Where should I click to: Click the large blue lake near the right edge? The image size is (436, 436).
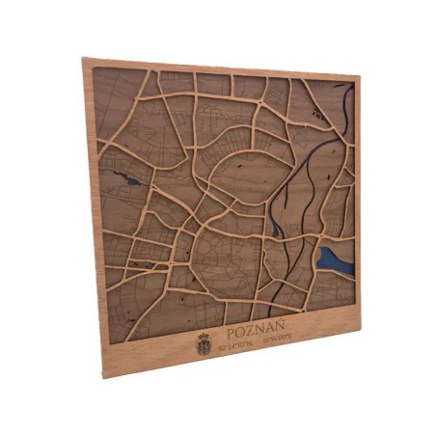331,259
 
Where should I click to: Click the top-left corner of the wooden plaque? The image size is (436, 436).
82,59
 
